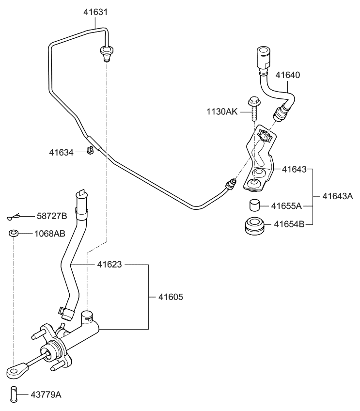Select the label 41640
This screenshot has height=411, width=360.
[x=288, y=75]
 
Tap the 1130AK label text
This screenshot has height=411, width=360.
[x=221, y=112]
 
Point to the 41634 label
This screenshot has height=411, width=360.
[x=61, y=153]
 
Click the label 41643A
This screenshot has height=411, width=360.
[x=338, y=196]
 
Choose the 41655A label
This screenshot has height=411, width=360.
[x=286, y=206]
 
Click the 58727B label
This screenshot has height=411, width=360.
[x=51, y=216]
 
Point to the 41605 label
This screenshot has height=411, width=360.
[x=171, y=296]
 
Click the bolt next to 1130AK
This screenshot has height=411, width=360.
[x=253, y=110]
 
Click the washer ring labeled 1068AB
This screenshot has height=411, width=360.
[x=14, y=234]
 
